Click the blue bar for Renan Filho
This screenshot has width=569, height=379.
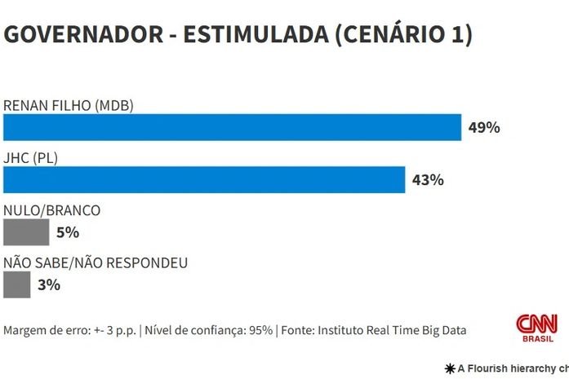[233, 127]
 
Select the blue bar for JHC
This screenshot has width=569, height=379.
[204, 179]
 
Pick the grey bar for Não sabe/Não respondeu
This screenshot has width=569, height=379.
[16, 284]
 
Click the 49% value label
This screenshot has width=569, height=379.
[483, 128]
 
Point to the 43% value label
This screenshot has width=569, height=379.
[428, 180]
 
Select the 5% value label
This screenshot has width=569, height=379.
[68, 232]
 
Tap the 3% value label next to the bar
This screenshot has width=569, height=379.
[48, 284]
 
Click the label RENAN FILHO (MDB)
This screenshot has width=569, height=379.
[69, 105]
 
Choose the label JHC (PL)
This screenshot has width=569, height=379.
[32, 157]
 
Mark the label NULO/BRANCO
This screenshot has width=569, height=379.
[52, 210]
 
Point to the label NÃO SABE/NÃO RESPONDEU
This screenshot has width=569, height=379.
[96, 262]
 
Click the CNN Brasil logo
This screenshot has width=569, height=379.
[536, 328]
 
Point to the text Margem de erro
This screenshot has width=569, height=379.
[42, 330]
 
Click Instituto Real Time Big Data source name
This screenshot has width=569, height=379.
[392, 330]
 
